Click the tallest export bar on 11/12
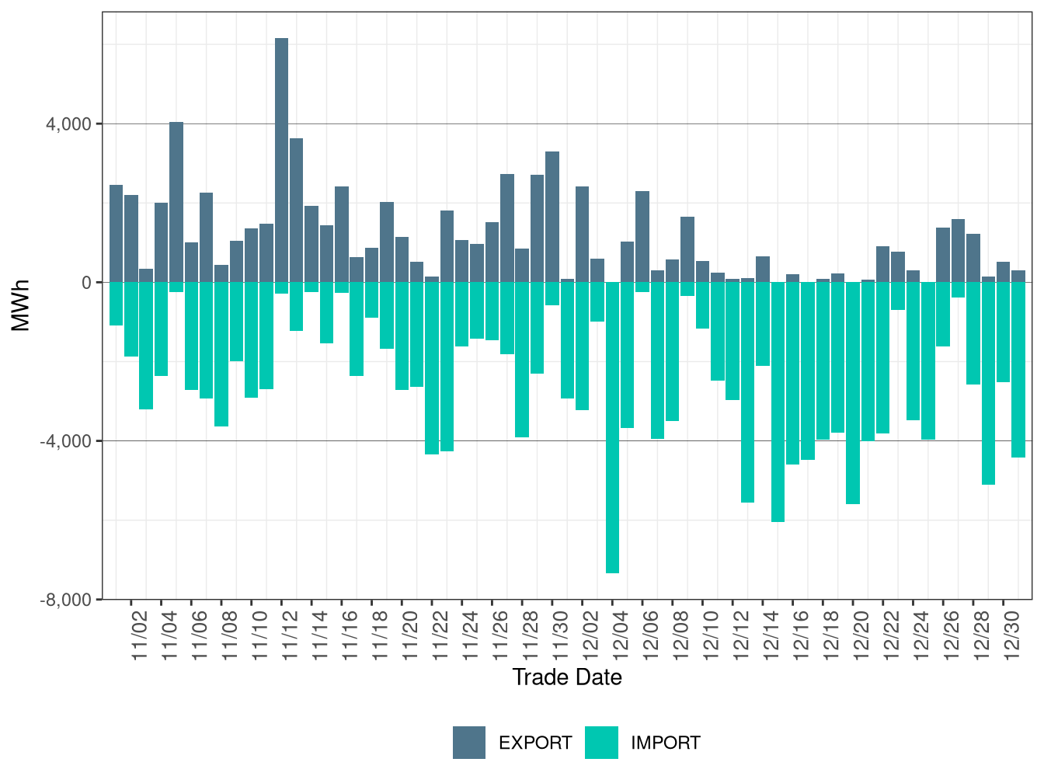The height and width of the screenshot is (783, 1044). coord(281,160)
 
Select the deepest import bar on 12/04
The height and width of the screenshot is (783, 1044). coord(612,427)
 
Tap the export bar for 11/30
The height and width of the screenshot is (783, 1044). coord(552,217)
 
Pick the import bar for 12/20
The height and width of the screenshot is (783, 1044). coord(853,393)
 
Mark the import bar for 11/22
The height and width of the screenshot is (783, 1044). coord(432,368)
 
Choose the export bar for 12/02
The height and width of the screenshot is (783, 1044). coord(582,234)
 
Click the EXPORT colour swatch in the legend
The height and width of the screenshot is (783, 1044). coord(469,743)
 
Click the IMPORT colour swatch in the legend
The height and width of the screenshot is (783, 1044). coord(601,743)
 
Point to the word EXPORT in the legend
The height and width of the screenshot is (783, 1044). coord(535,743)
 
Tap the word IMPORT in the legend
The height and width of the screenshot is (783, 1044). coord(665,743)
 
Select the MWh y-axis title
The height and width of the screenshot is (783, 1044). coord(21,305)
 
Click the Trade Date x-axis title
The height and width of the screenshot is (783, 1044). coord(567,677)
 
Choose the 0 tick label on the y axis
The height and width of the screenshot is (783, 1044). coord(86,283)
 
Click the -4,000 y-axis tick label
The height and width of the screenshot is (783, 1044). coord(68,441)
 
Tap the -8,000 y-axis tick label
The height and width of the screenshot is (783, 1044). coord(68,600)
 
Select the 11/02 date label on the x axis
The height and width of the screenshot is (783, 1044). coord(140,635)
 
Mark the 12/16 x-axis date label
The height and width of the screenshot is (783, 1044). coord(801,635)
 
